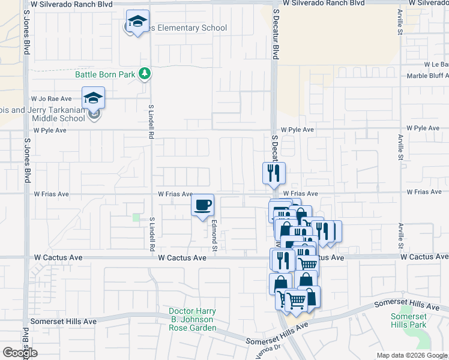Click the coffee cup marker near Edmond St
point(202,206)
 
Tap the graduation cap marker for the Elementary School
point(138,23)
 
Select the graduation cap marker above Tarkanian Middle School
point(93,97)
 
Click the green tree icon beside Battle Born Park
point(144,74)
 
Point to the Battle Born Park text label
point(105,74)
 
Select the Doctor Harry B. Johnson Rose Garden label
point(192,320)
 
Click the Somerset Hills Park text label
point(408,320)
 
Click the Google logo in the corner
point(20,353)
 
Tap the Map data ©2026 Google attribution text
point(412,356)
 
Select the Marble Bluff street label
point(427,76)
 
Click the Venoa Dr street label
point(270,347)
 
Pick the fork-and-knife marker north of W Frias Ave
point(273,173)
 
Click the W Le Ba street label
point(436,64)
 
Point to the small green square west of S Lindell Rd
point(136,217)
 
